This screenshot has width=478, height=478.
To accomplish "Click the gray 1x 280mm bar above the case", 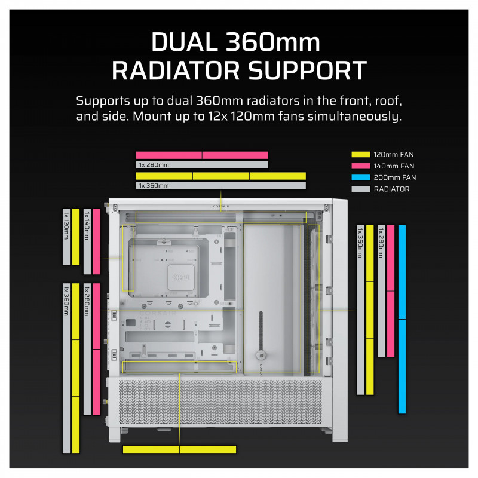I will [x=202, y=165].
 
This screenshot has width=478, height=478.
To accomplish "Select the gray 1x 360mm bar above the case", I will [x=221, y=186].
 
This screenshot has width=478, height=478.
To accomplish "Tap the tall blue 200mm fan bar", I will [x=402, y=319].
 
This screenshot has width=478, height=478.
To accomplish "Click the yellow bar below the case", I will [x=179, y=449].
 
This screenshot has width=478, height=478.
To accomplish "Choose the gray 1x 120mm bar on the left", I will [x=66, y=237].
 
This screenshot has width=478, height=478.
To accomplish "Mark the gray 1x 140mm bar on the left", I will [x=87, y=241].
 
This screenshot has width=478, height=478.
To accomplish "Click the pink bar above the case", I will [x=202, y=155].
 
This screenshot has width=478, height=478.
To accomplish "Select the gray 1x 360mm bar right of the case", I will [x=360, y=310].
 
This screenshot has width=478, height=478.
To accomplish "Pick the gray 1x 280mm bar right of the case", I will [x=381, y=290].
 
